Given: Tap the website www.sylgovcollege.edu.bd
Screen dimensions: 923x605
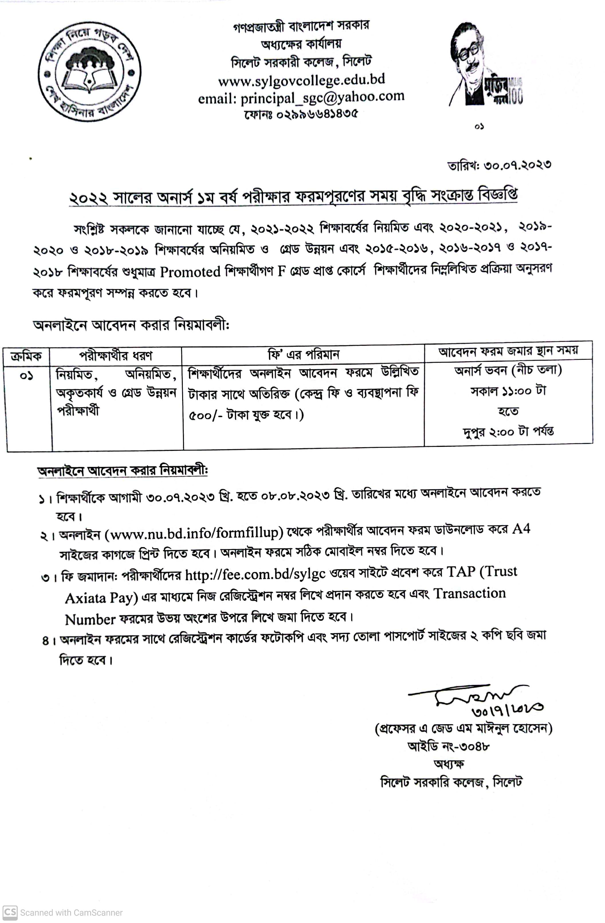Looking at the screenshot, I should tap(301, 80).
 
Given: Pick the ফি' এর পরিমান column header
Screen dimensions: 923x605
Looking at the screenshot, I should tap(303, 354).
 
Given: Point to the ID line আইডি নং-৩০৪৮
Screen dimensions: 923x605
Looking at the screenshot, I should tap(448, 746).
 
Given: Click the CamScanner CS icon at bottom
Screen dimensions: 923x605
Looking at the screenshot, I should tap(10, 912).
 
